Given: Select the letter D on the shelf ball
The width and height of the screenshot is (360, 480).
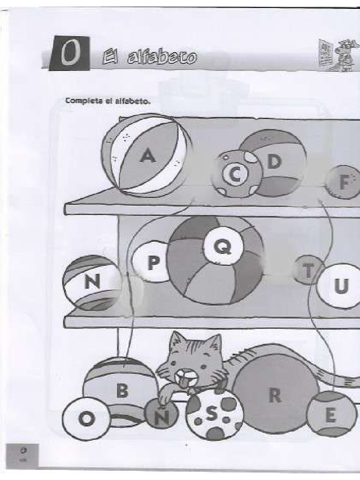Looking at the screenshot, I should pyautogui.click(x=274, y=162).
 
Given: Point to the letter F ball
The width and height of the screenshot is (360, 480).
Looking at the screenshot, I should pyautogui.click(x=345, y=183).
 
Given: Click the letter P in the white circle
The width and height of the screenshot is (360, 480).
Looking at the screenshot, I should pyautogui.click(x=153, y=263).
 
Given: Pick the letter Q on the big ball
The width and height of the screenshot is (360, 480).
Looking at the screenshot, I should pyautogui.click(x=223, y=245).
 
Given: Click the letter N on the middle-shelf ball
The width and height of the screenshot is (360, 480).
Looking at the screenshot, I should pyautogui.click(x=92, y=282).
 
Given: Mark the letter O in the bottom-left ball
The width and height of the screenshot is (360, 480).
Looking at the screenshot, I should pyautogui.click(x=85, y=419).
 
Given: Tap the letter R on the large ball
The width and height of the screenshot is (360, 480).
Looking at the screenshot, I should pyautogui.click(x=275, y=396).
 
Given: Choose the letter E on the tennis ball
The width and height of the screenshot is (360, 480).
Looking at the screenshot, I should pyautogui.click(x=331, y=415).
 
